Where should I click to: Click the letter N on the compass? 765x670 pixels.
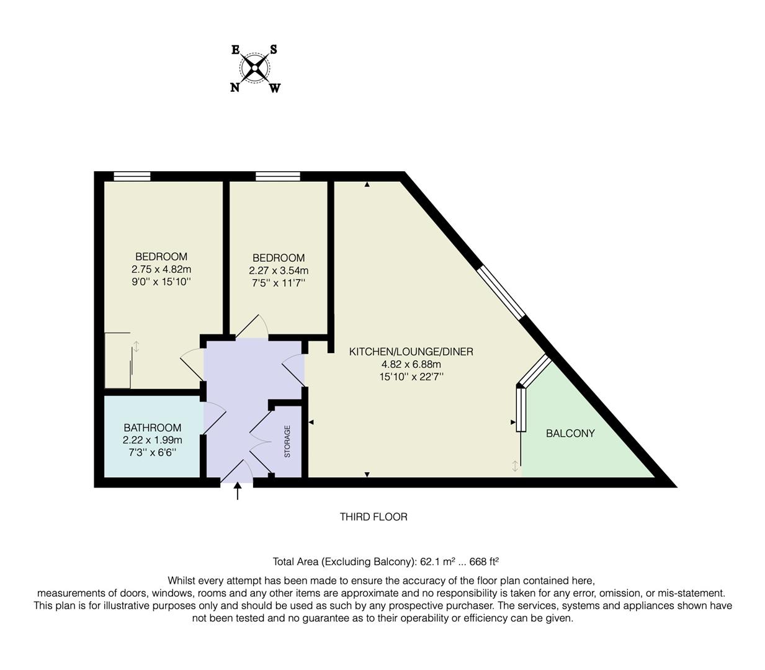click(235, 87)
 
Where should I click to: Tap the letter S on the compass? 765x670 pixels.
click(274, 50)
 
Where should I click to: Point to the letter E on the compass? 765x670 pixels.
click(236, 50)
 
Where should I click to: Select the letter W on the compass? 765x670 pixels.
click(275, 88)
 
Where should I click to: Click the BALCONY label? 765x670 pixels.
click(570, 434)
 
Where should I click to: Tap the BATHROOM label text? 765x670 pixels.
click(152, 427)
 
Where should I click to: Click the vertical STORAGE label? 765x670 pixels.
click(287, 441)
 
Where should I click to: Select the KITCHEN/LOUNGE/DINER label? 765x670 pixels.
click(411, 352)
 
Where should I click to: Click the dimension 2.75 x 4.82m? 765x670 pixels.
click(161, 269)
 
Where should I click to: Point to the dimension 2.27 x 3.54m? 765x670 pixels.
click(279, 270)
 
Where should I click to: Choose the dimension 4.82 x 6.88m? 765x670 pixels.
click(411, 364)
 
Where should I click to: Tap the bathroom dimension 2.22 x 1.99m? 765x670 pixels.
click(152, 440)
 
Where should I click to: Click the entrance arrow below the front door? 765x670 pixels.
click(237, 491)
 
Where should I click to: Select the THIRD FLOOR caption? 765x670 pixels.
click(374, 517)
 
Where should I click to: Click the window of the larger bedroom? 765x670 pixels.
click(132, 176)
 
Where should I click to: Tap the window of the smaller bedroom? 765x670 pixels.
click(277, 176)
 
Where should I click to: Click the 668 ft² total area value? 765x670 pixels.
click(484, 562)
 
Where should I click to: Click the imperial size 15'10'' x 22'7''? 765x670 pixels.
click(411, 377)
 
